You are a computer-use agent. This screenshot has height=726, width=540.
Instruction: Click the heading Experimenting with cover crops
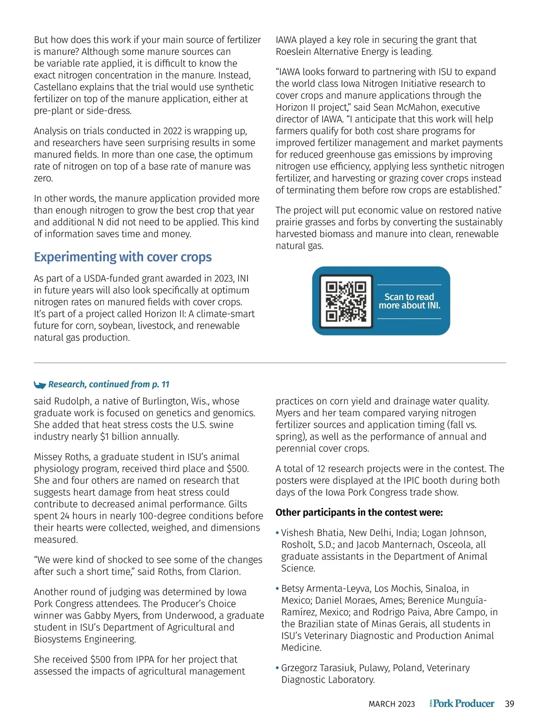123,257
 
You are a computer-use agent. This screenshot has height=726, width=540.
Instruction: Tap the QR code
346,301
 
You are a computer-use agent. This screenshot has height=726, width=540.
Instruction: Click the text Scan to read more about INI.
409,301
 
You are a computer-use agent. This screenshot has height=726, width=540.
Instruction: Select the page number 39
509,704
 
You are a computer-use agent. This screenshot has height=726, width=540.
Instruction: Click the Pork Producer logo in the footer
462,703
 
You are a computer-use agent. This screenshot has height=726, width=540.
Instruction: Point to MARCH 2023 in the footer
391,704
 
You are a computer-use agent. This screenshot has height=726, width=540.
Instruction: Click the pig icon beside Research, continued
40,384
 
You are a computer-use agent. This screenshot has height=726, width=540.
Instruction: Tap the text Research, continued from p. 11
108,384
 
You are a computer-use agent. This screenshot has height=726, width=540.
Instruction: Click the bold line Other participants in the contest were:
359,513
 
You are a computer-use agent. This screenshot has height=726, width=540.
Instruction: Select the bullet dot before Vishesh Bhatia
277,533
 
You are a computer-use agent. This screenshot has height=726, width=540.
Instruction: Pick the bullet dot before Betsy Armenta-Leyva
277,588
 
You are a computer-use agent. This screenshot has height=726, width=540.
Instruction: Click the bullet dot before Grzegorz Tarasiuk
277,668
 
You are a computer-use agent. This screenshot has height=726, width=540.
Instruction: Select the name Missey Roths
62,457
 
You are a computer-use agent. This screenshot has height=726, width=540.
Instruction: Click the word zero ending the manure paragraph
43,178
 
